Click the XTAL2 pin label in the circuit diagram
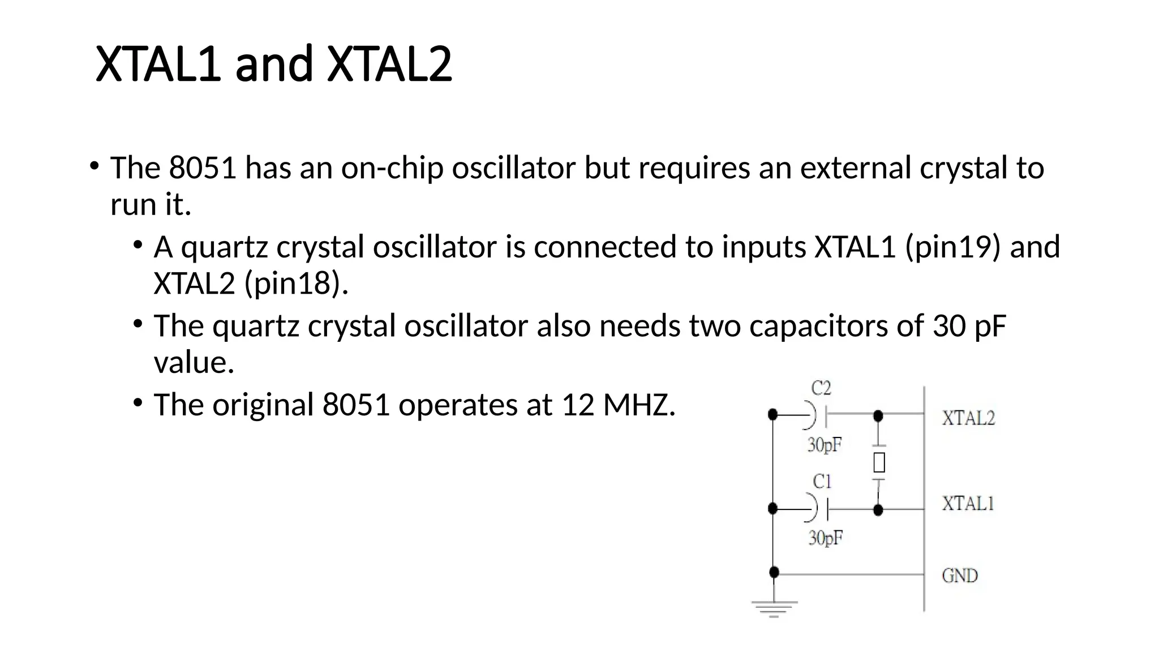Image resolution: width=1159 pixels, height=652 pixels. (x=968, y=418)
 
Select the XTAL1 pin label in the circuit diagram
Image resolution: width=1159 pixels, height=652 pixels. (x=968, y=503)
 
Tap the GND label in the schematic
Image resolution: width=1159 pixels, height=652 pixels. (x=960, y=576)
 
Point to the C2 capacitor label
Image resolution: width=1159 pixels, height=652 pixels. (x=821, y=388)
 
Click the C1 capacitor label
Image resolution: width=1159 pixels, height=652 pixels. (x=822, y=482)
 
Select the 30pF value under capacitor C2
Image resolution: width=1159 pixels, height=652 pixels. (x=825, y=445)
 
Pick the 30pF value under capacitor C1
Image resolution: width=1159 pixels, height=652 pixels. (x=826, y=538)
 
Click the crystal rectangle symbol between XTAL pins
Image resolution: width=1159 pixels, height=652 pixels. (x=879, y=462)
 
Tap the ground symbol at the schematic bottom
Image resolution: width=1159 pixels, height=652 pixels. (x=774, y=608)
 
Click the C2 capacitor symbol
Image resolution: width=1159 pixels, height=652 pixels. (x=818, y=416)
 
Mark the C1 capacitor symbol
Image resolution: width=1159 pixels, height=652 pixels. (x=819, y=509)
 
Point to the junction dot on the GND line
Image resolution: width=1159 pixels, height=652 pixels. (x=774, y=573)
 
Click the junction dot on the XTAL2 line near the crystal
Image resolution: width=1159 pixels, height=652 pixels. (x=878, y=417)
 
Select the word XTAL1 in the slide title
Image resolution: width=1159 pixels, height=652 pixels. (x=158, y=64)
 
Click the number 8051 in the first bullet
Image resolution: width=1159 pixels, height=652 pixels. (x=202, y=168)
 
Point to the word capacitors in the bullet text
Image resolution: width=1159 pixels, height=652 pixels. (x=818, y=326)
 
